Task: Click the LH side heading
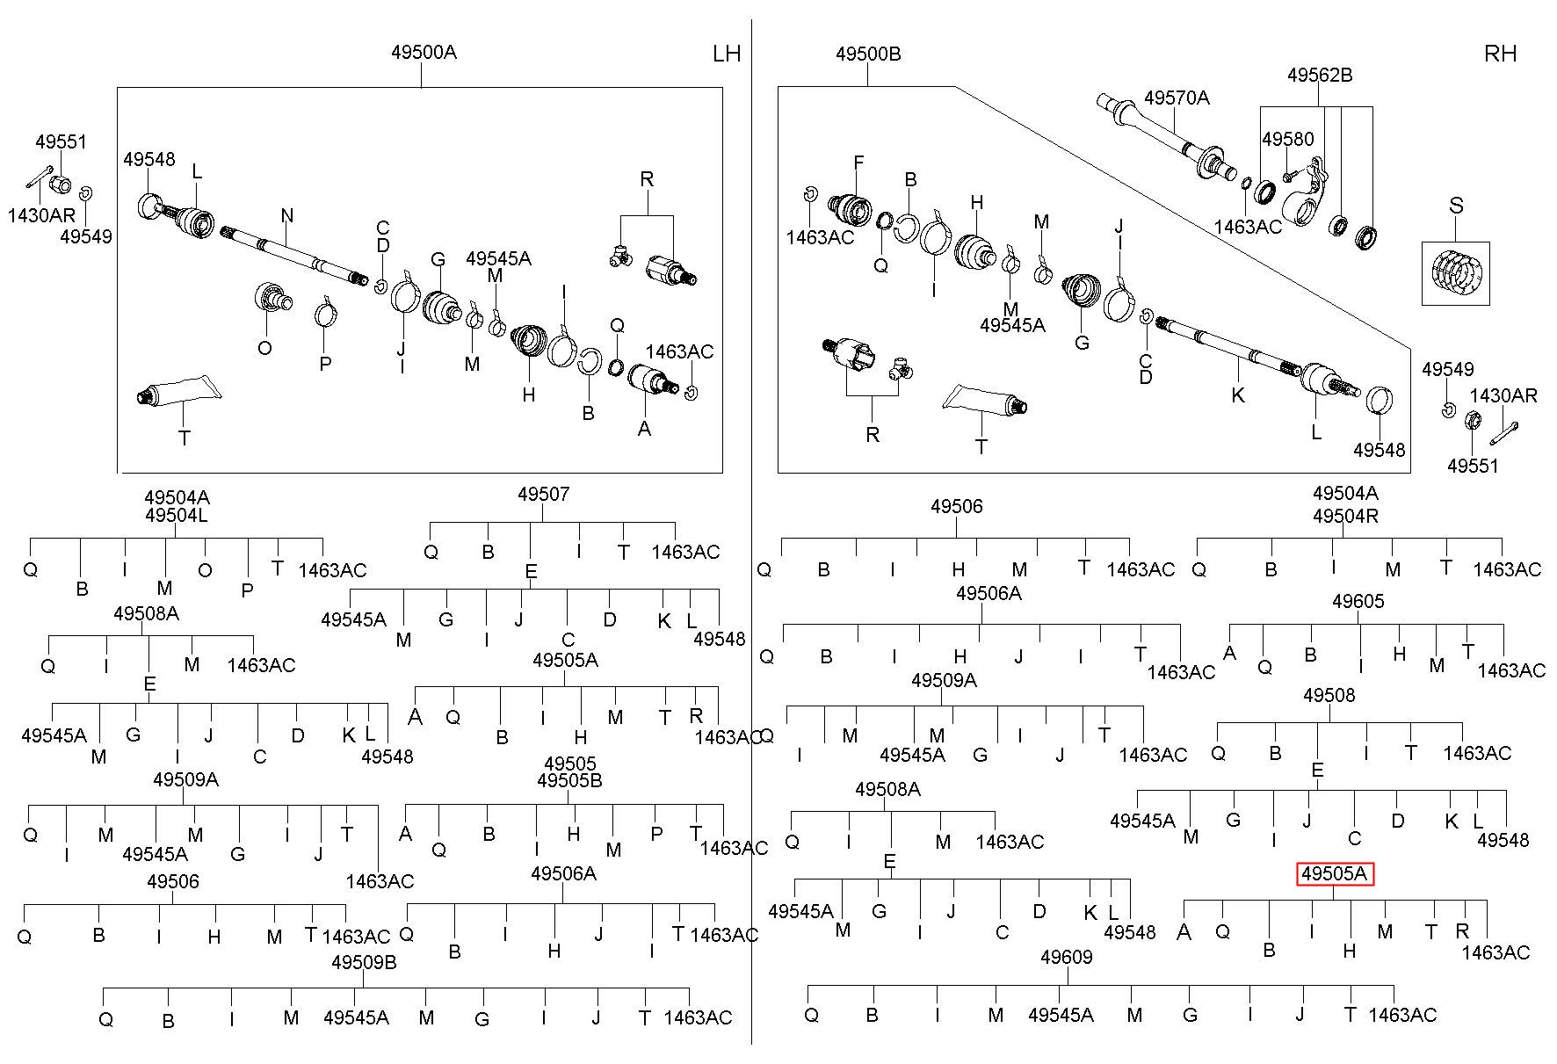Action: (x=727, y=54)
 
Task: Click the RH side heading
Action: (x=1500, y=54)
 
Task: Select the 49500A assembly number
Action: (x=424, y=52)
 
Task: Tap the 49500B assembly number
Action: (x=868, y=54)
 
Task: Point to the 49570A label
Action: (x=1177, y=98)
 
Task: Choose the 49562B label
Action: (x=1320, y=75)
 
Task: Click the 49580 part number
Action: (x=1288, y=139)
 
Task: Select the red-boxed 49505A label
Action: (x=1335, y=874)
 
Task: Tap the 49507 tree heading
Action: (x=543, y=494)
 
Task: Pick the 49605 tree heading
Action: (x=1358, y=601)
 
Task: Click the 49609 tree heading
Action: (x=1066, y=957)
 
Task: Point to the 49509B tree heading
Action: (x=364, y=962)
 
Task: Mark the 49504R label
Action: (x=1345, y=516)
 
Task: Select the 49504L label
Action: (x=177, y=516)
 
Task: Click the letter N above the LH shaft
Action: (x=287, y=215)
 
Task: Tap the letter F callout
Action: (x=858, y=163)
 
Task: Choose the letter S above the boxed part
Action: (x=1456, y=206)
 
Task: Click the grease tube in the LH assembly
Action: (x=176, y=390)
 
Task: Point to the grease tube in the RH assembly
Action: (x=984, y=400)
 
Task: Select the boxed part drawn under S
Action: (x=1456, y=273)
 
